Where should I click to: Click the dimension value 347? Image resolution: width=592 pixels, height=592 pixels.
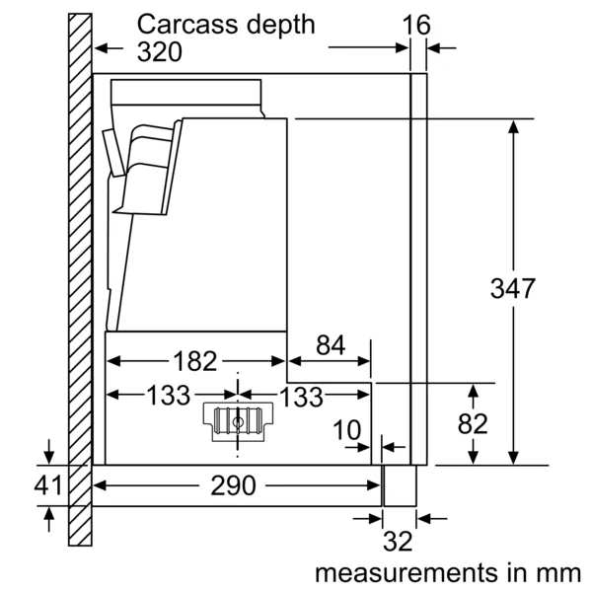[513, 289]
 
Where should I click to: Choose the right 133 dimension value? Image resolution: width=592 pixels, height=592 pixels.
[302, 397]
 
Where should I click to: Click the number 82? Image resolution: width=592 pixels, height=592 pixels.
[474, 423]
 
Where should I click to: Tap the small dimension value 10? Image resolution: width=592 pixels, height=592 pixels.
[346, 430]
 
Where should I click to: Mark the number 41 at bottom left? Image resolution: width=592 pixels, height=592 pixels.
[48, 485]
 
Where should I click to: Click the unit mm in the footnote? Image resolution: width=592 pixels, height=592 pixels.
[559, 572]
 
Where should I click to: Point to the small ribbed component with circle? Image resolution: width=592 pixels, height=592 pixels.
[237, 419]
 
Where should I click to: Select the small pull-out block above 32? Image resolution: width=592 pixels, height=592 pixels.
[400, 485]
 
